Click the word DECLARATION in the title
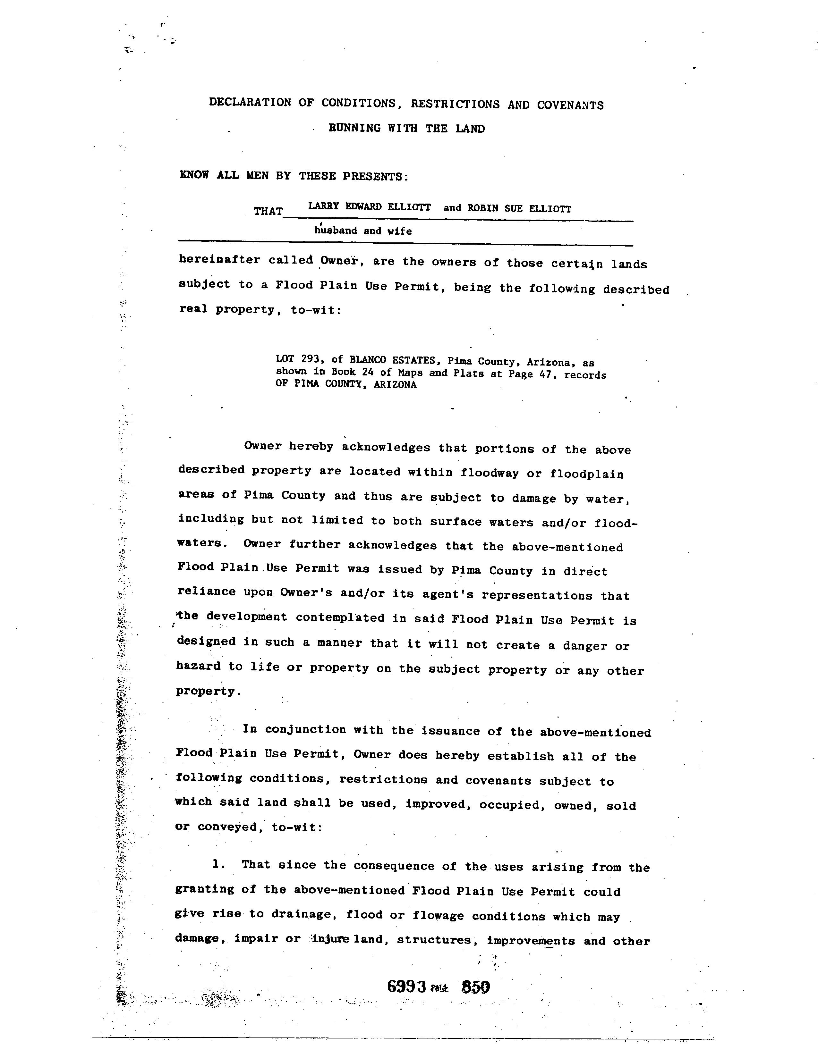[250, 102]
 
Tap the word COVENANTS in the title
[570, 105]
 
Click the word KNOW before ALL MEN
[194, 175]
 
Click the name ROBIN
[483, 208]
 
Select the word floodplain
[586, 474]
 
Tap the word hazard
[199, 666]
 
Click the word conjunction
[305, 730]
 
